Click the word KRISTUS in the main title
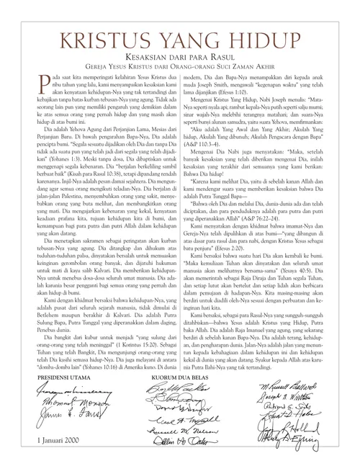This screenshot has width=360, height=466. click(x=96, y=35)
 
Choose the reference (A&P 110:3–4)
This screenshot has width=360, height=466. click(x=210, y=149)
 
